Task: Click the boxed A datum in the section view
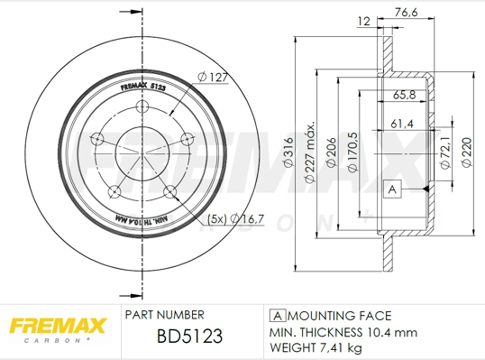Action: click(x=391, y=189)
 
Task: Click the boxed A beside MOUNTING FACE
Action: click(x=278, y=316)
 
